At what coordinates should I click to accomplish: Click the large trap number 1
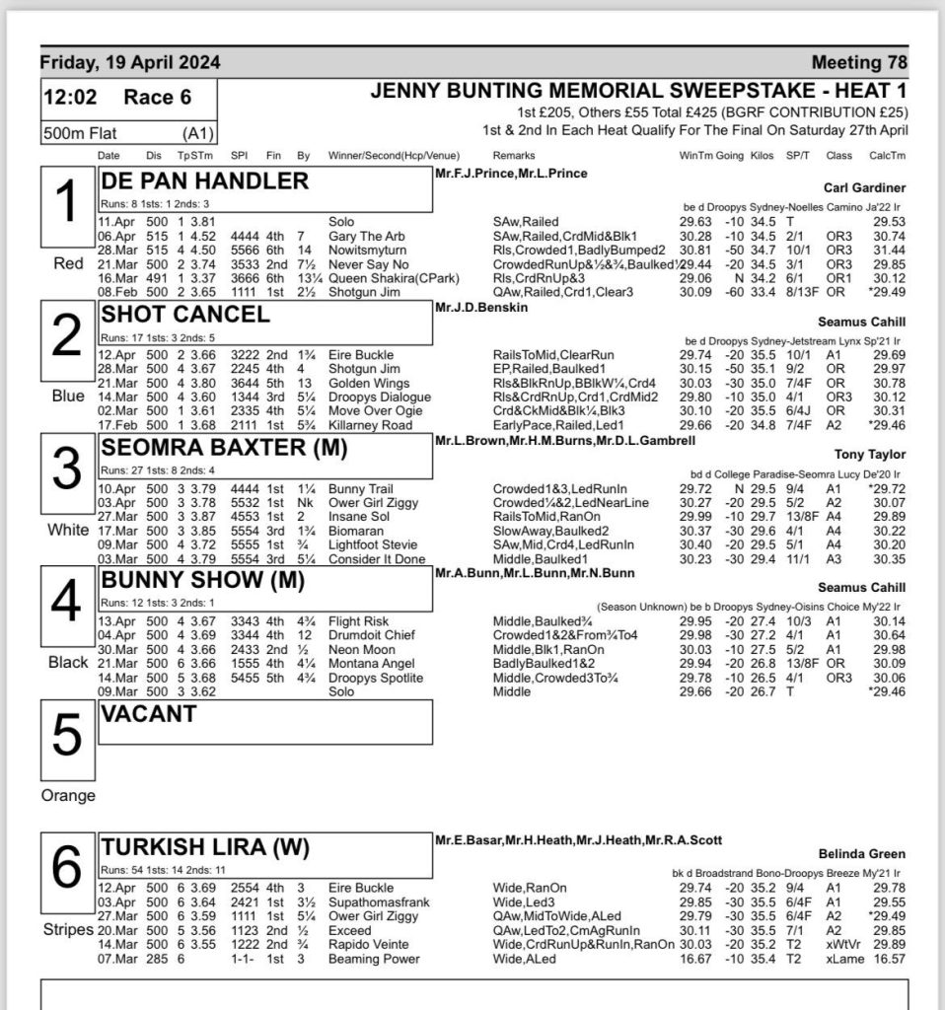(65, 204)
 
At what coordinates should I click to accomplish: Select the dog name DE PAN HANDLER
(205, 181)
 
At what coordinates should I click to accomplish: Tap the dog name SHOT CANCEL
(185, 315)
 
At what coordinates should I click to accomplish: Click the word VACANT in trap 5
(149, 715)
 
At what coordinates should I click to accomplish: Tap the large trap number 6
(65, 868)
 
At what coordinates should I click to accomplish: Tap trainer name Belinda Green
(862, 854)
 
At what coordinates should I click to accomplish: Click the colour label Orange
(66, 796)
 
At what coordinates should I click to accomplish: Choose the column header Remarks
(515, 156)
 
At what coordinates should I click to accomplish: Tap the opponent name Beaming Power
(374, 960)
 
